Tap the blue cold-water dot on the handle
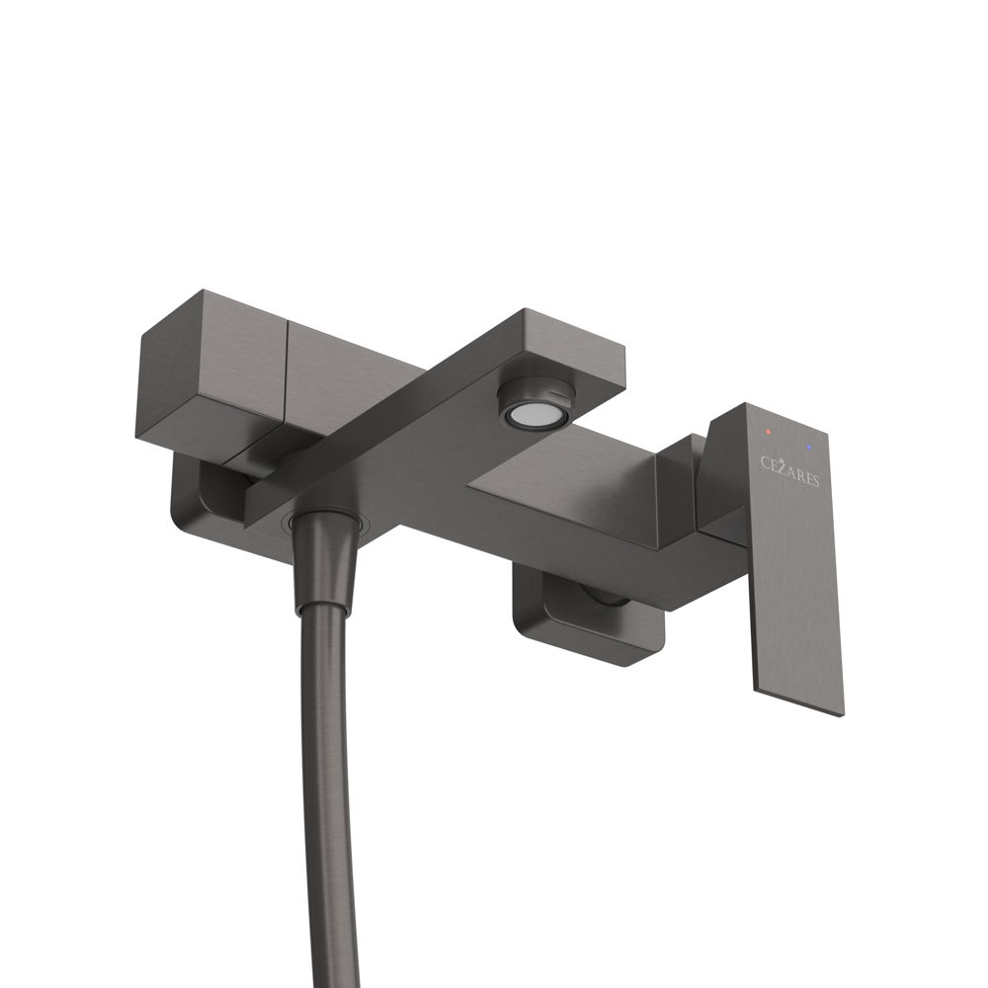[810, 447]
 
